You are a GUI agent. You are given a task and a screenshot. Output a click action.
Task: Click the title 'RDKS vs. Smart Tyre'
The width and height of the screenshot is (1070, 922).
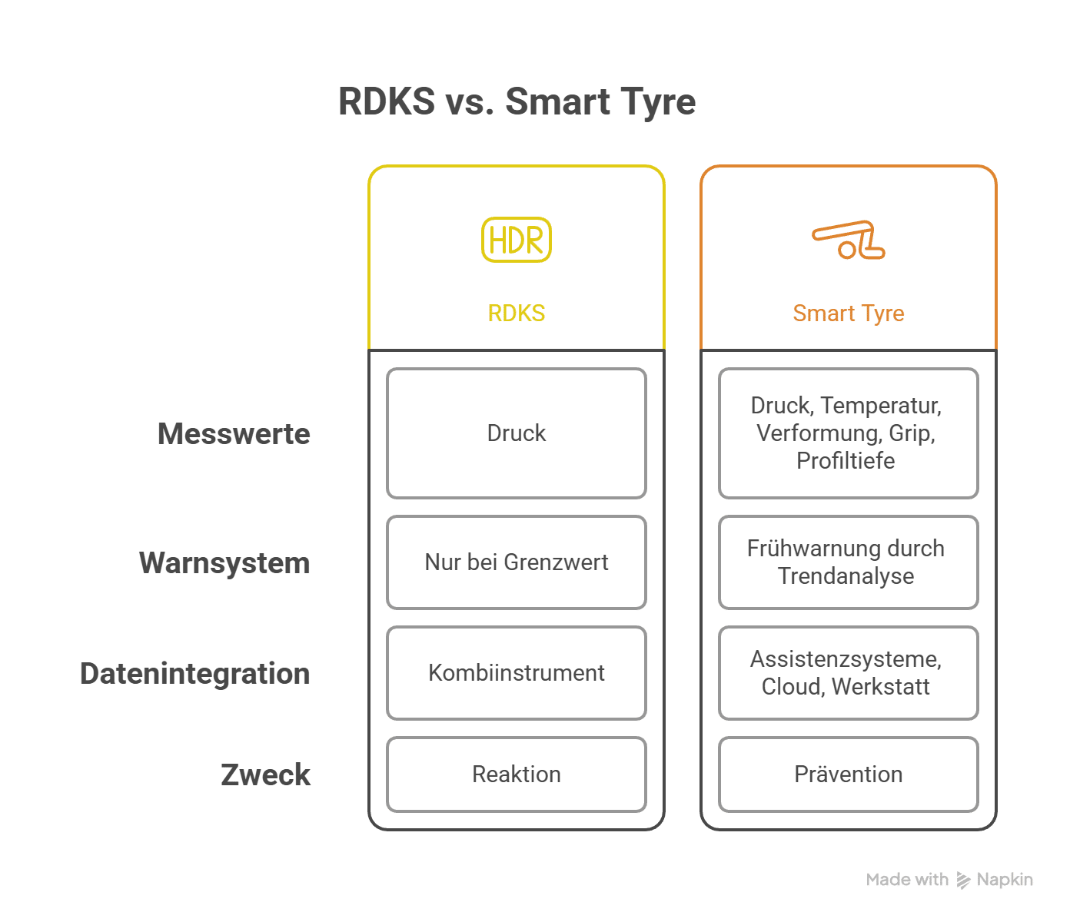click(x=517, y=102)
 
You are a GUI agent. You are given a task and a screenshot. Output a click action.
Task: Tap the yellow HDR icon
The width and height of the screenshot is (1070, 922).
click(x=517, y=240)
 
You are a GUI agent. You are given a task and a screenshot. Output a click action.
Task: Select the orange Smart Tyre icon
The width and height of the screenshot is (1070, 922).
click(x=849, y=240)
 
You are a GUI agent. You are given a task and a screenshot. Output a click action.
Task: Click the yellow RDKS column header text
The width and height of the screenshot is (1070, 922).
click(x=517, y=313)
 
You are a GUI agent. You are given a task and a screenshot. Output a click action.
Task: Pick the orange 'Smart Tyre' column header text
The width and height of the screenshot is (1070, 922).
click(x=849, y=313)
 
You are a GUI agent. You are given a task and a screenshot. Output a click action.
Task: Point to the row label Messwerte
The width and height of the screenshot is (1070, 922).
click(x=234, y=434)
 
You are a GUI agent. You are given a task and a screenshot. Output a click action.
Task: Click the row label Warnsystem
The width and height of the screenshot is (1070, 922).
click(x=224, y=563)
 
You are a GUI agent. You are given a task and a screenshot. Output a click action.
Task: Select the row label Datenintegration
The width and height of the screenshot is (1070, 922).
click(x=195, y=674)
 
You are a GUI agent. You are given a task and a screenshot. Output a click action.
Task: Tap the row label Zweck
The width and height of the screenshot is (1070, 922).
click(x=265, y=774)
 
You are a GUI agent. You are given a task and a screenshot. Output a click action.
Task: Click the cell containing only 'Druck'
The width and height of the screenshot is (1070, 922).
click(x=517, y=433)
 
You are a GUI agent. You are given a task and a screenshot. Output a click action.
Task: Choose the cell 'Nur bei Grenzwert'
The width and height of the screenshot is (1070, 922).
click(x=517, y=562)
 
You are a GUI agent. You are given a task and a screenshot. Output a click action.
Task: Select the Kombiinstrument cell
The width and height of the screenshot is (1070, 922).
click(x=517, y=673)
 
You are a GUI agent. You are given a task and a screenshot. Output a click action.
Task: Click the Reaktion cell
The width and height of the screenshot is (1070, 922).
click(x=517, y=774)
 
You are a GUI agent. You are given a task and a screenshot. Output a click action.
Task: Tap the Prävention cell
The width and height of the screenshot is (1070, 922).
click(x=849, y=774)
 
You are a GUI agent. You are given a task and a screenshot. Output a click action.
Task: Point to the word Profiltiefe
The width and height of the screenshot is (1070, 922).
click(x=846, y=461)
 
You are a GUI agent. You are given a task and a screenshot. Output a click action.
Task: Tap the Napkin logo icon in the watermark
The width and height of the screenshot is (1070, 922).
click(x=963, y=881)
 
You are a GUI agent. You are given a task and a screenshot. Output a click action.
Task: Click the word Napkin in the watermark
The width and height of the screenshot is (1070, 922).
click(x=1005, y=880)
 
